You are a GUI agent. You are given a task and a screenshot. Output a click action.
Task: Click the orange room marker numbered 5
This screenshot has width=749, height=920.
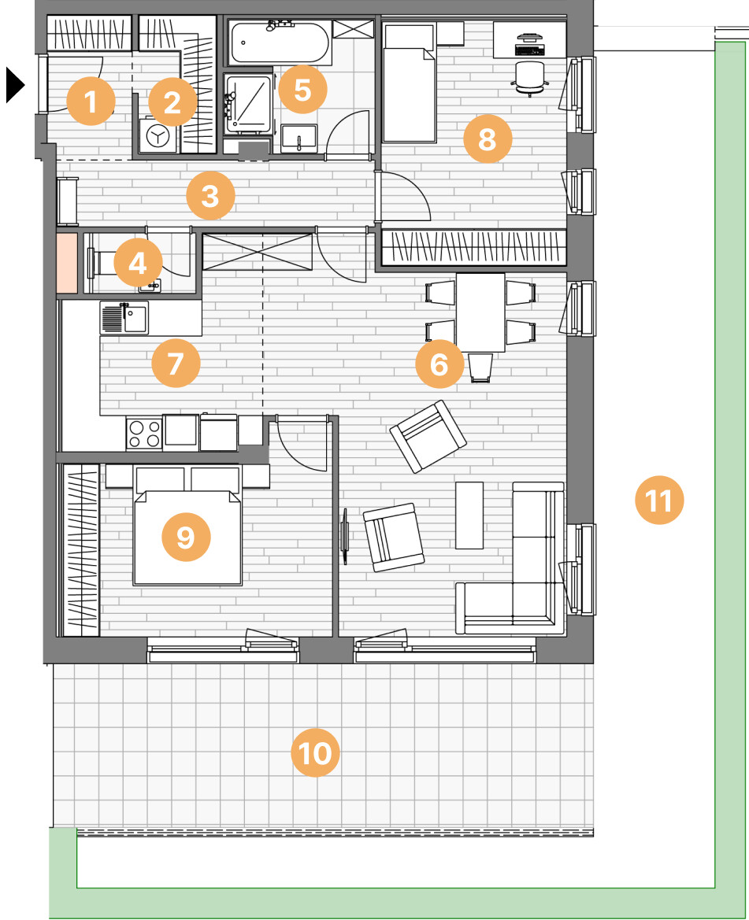(302, 90)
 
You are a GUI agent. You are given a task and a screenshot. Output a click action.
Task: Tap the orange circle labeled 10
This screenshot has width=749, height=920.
(315, 753)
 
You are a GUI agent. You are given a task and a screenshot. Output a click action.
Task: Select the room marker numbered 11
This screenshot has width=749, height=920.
(659, 500)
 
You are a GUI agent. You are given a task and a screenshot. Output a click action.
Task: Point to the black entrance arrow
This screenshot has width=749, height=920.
(15, 85)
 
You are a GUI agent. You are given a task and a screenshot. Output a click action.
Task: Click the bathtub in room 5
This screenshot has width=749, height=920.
(280, 42)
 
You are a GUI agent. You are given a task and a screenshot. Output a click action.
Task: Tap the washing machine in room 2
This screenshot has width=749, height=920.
(158, 136)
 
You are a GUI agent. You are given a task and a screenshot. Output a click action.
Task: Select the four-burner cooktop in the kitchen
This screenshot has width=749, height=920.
(144, 434)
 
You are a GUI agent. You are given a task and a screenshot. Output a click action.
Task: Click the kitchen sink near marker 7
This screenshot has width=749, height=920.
(124, 318)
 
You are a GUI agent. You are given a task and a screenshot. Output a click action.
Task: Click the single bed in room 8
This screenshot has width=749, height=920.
(410, 82)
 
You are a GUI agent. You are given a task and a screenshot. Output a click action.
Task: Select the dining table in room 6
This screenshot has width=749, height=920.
(480, 312)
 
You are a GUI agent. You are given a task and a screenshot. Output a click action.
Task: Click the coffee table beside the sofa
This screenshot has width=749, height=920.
(469, 515)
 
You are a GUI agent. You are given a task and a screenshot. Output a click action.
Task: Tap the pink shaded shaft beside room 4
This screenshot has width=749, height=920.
(67, 263)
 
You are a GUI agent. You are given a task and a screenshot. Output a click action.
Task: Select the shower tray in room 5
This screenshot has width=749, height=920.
(249, 103)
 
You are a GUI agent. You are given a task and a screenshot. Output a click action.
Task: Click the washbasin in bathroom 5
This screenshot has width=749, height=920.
(299, 139)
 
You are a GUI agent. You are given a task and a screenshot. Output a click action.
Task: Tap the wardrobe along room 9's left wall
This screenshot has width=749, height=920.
(81, 550)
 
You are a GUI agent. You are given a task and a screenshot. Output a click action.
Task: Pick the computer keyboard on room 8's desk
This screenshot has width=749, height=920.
(529, 50)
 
